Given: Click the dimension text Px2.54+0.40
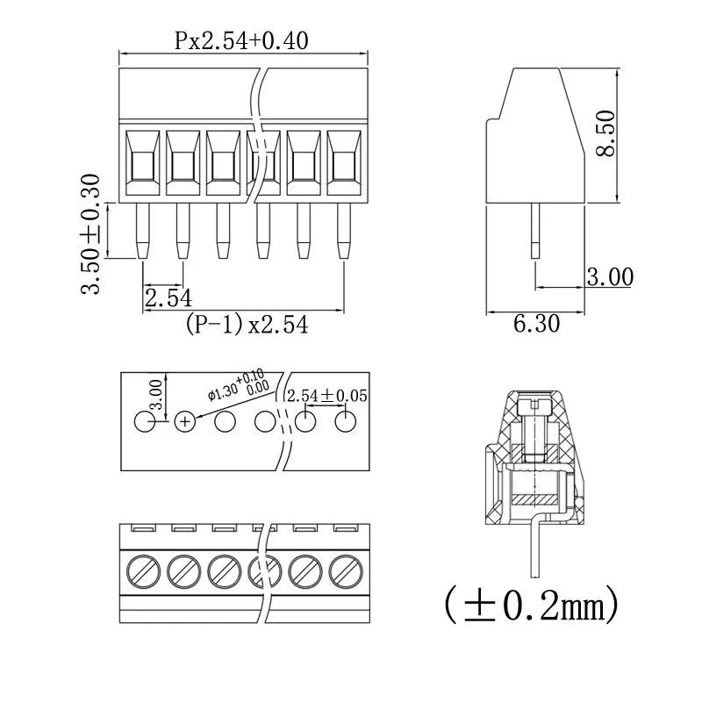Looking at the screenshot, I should [241, 40].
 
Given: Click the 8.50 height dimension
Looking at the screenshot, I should [605, 134].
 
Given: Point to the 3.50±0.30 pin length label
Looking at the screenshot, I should [91, 234].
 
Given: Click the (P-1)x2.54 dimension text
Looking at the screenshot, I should [247, 325].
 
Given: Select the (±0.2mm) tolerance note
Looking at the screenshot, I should [532, 603].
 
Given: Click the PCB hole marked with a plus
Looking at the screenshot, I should [185, 422].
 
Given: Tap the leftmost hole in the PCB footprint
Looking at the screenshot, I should [145, 422].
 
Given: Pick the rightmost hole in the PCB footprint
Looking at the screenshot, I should [346, 422].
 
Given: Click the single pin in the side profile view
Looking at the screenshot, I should [535, 230].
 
